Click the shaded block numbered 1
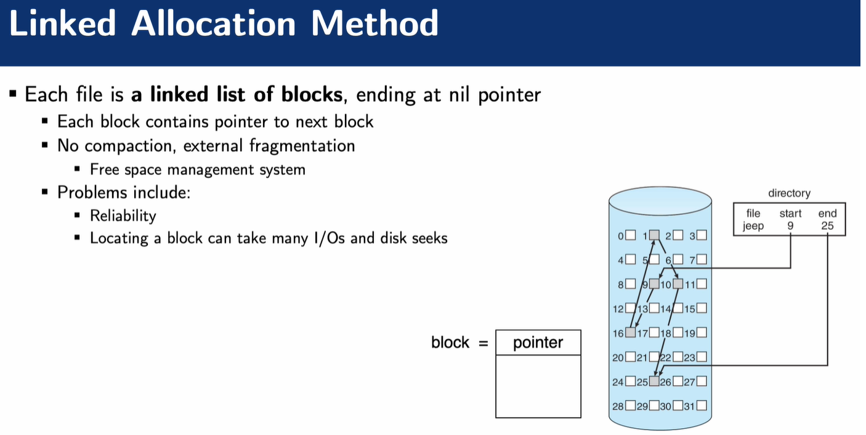coord(654,235)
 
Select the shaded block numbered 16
coord(630,333)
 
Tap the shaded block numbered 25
coord(654,381)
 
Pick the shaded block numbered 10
coord(678,284)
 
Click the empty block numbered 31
coord(701,406)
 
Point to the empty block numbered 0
coord(630,235)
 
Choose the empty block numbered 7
coord(701,259)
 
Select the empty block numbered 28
coord(630,406)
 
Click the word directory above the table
coord(789,193)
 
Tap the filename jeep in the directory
coord(753,226)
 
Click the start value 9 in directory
coord(790,226)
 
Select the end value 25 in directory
coord(827,226)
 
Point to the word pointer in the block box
coord(538,343)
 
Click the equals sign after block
coord(483,343)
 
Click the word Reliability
coord(123,215)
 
